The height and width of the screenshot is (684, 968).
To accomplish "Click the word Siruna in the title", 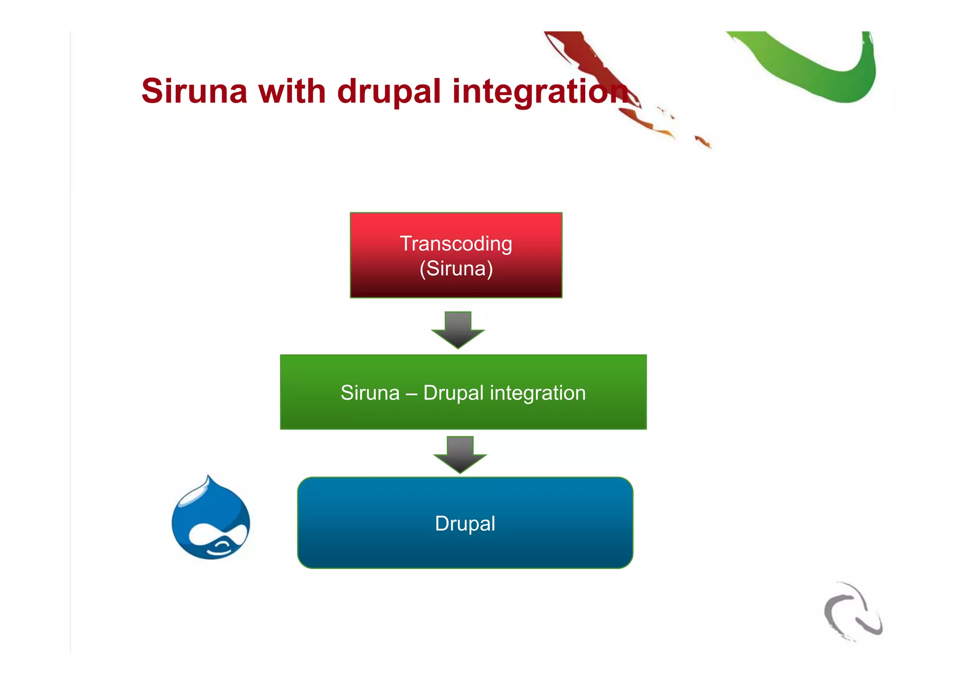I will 194,91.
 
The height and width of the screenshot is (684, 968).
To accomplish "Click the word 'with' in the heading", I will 292,91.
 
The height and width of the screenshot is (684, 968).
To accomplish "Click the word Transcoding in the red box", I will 456,244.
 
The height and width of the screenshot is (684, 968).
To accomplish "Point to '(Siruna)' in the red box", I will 456,269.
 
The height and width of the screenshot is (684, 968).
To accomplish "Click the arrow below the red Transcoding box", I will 458,330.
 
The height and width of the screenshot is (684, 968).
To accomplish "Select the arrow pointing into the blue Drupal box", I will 460,454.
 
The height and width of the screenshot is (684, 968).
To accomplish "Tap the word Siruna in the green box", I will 370,393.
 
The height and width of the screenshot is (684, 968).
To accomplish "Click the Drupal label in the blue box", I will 465,524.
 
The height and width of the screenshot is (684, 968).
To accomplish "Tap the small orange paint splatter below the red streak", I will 703,141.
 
